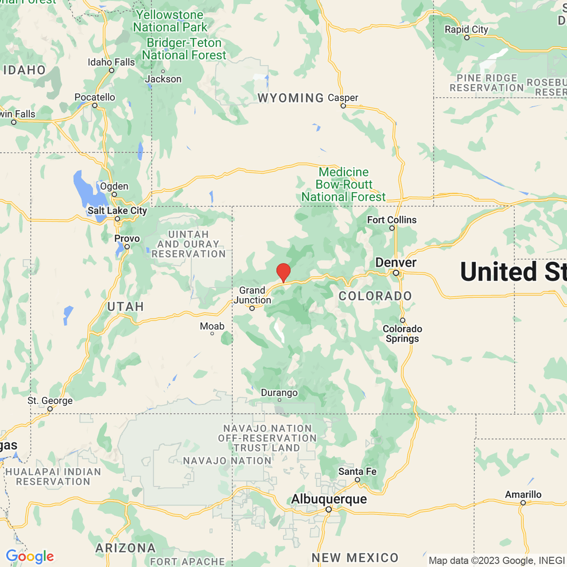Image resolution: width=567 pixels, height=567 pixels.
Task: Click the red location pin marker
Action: pos(283,272)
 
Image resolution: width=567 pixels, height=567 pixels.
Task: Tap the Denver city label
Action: pos(396,262)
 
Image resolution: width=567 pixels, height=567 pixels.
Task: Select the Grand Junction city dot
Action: pos(252,308)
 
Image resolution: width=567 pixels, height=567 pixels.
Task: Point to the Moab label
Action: pos(212,326)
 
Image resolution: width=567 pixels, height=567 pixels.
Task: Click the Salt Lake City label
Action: pos(117,211)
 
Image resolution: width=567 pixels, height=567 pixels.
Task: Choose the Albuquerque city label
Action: pos(329,499)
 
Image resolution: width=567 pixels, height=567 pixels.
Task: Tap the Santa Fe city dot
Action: pos(358,480)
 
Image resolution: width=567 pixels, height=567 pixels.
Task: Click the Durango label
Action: pos(279,393)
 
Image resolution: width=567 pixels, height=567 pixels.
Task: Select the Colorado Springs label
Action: pos(403,334)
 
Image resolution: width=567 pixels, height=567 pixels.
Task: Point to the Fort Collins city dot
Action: pos(392,228)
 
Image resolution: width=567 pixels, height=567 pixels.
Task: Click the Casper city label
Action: pos(343,98)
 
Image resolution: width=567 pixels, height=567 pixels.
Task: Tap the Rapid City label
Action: pos(466,29)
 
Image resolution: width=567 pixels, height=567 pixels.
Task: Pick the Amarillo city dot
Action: pos(523,503)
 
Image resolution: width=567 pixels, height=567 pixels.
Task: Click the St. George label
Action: pos(50,401)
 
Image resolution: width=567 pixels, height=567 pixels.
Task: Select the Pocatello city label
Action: pos(95,97)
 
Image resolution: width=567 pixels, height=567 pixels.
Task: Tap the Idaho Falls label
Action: pos(112,62)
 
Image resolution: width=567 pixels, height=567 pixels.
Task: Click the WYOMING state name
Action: pos(291,98)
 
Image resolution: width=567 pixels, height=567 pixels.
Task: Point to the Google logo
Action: pos(30,557)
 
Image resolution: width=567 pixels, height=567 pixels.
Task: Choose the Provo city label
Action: pos(127,239)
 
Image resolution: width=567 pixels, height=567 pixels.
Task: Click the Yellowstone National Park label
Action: pos(170,21)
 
